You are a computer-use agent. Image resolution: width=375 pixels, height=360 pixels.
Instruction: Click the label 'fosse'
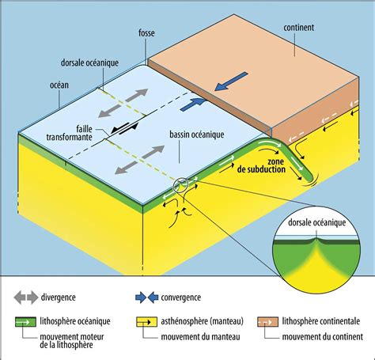[x=146, y=33]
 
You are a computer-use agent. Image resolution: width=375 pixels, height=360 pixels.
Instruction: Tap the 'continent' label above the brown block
[x=299, y=28]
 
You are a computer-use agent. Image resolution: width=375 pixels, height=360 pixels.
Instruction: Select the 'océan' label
[x=59, y=85]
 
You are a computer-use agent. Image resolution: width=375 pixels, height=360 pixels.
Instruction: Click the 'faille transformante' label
[x=70, y=133]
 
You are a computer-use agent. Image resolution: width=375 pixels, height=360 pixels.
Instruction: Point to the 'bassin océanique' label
[x=197, y=135]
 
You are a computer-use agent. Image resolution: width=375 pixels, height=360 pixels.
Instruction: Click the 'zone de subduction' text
[x=261, y=165]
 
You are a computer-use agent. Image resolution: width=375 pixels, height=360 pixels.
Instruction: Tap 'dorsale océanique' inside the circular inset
[x=316, y=222]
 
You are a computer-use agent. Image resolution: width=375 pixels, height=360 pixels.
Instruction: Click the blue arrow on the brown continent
[x=231, y=81]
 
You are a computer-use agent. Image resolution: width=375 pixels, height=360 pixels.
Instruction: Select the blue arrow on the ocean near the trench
[x=193, y=104]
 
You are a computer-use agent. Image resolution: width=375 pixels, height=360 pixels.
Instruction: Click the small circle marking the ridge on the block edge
[x=180, y=185]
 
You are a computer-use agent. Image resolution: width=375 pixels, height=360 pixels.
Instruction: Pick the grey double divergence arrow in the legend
[x=26, y=297]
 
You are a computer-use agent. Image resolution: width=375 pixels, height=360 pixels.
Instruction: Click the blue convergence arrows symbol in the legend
[x=146, y=297]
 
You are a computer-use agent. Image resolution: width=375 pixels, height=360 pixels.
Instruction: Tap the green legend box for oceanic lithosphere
[x=25, y=322]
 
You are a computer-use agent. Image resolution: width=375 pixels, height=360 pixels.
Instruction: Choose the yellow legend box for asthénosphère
[x=146, y=322]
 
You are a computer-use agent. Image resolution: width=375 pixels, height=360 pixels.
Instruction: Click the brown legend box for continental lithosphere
[x=267, y=322]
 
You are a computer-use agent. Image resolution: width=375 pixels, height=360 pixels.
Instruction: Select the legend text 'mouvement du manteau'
[x=200, y=337]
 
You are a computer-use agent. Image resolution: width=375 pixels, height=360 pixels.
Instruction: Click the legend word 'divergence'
[x=58, y=297]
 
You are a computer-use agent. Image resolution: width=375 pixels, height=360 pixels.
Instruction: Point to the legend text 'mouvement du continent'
[x=323, y=337]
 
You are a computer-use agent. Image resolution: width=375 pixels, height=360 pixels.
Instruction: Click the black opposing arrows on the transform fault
[x=124, y=129]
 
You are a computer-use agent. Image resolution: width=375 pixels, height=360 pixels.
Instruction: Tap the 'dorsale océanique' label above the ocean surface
[x=89, y=63]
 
